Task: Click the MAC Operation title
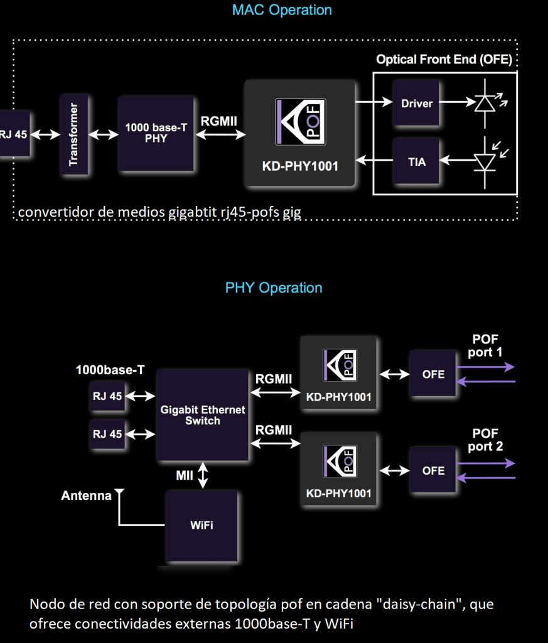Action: (x=282, y=10)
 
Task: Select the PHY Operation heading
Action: (x=274, y=288)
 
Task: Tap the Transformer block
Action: (x=73, y=134)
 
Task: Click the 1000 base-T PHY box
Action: (x=156, y=133)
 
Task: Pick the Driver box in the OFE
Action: (x=417, y=103)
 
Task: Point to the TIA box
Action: (x=417, y=162)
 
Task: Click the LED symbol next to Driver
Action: (x=485, y=102)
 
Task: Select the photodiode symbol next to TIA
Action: (x=485, y=161)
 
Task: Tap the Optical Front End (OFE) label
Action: (x=444, y=60)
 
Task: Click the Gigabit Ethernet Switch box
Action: (x=202, y=415)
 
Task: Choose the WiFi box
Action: (x=201, y=525)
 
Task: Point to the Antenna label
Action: (x=86, y=496)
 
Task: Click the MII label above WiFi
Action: (x=185, y=476)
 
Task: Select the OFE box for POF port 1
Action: (x=433, y=374)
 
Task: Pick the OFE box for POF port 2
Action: (x=433, y=470)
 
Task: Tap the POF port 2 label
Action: (x=485, y=440)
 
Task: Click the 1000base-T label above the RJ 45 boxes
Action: (x=110, y=370)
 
